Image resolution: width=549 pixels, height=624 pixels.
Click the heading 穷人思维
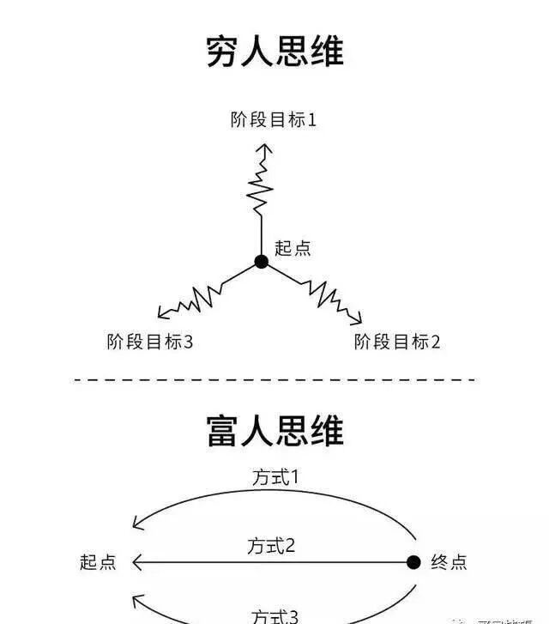(x=274, y=51)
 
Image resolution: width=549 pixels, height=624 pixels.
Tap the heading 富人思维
(x=274, y=429)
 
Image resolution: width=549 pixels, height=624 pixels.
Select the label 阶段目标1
(x=274, y=119)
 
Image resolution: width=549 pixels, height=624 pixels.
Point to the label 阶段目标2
(x=397, y=342)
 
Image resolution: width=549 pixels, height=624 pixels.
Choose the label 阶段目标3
(x=149, y=342)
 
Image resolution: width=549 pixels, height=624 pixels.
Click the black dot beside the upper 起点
(x=262, y=261)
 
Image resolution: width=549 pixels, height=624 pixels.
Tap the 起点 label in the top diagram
(x=293, y=248)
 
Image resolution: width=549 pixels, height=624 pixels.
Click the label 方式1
(x=275, y=477)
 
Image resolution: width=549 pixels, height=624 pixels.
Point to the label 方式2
(x=273, y=545)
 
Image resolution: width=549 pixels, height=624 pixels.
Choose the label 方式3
(x=275, y=615)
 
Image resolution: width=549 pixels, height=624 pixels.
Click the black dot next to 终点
(x=413, y=562)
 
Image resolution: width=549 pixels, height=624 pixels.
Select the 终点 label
(x=449, y=562)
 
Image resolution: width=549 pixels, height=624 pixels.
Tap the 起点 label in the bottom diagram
(x=97, y=562)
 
